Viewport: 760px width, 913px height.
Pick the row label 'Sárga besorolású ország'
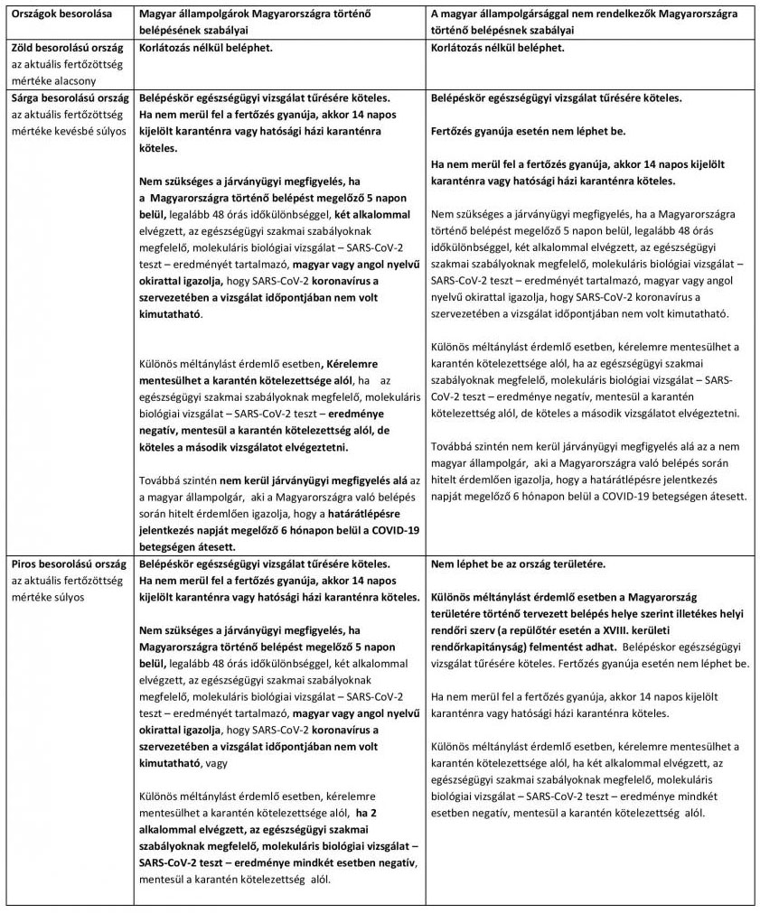pos(67,98)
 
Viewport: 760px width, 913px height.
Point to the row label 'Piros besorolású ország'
pos(66,564)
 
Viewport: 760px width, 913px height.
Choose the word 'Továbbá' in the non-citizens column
pos(453,446)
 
